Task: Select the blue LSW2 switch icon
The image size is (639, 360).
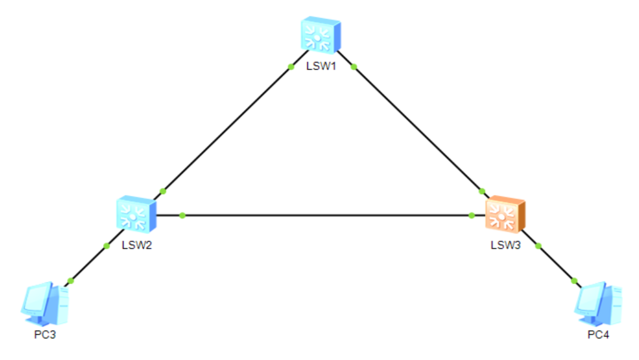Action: click(135, 214)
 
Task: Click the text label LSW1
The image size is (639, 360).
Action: click(322, 66)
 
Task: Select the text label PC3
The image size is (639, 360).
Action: click(45, 334)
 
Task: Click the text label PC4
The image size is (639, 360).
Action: click(598, 334)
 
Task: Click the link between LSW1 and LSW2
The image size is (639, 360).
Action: click(227, 129)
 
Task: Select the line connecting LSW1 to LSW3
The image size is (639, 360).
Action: click(418, 129)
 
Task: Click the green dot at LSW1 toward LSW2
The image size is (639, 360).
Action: click(291, 66)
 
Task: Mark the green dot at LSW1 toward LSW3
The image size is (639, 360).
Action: click(353, 66)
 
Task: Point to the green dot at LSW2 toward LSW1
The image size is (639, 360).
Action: click(162, 192)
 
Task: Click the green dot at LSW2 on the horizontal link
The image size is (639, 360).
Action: click(182, 215)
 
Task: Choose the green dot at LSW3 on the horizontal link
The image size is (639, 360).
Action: click(471, 215)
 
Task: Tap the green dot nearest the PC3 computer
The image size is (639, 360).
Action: click(70, 281)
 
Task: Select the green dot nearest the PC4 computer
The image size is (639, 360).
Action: click(574, 281)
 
